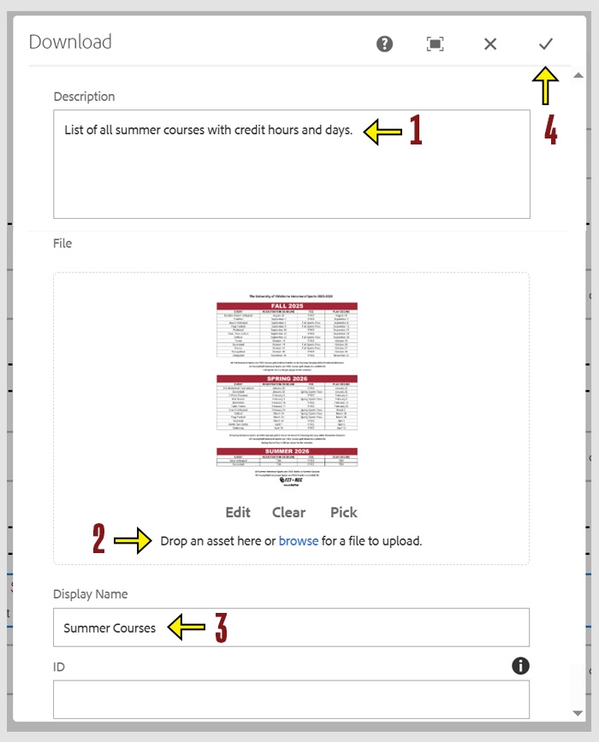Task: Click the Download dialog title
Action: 70,42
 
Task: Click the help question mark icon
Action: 385,44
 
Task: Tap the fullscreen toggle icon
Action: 435,44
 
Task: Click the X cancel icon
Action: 490,44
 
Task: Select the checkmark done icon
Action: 545,44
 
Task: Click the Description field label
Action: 84,97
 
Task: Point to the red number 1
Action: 415,130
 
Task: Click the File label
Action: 62,244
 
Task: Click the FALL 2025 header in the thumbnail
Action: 287,305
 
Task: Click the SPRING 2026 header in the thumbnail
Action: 287,378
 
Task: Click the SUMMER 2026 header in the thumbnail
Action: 287,450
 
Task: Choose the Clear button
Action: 288,512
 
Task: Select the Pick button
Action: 343,512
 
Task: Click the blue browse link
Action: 298,541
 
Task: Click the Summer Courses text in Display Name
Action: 110,628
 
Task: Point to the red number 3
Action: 221,628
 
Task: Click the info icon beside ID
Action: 520,666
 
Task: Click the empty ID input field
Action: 291,699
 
